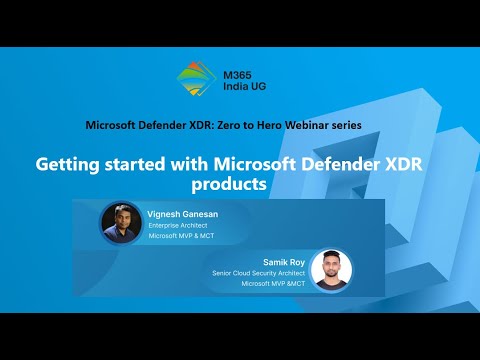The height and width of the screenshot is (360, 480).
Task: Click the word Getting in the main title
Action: click(71, 163)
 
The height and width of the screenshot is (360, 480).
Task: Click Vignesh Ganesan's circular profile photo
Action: click(121, 223)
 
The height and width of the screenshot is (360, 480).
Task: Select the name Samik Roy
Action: click(283, 262)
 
